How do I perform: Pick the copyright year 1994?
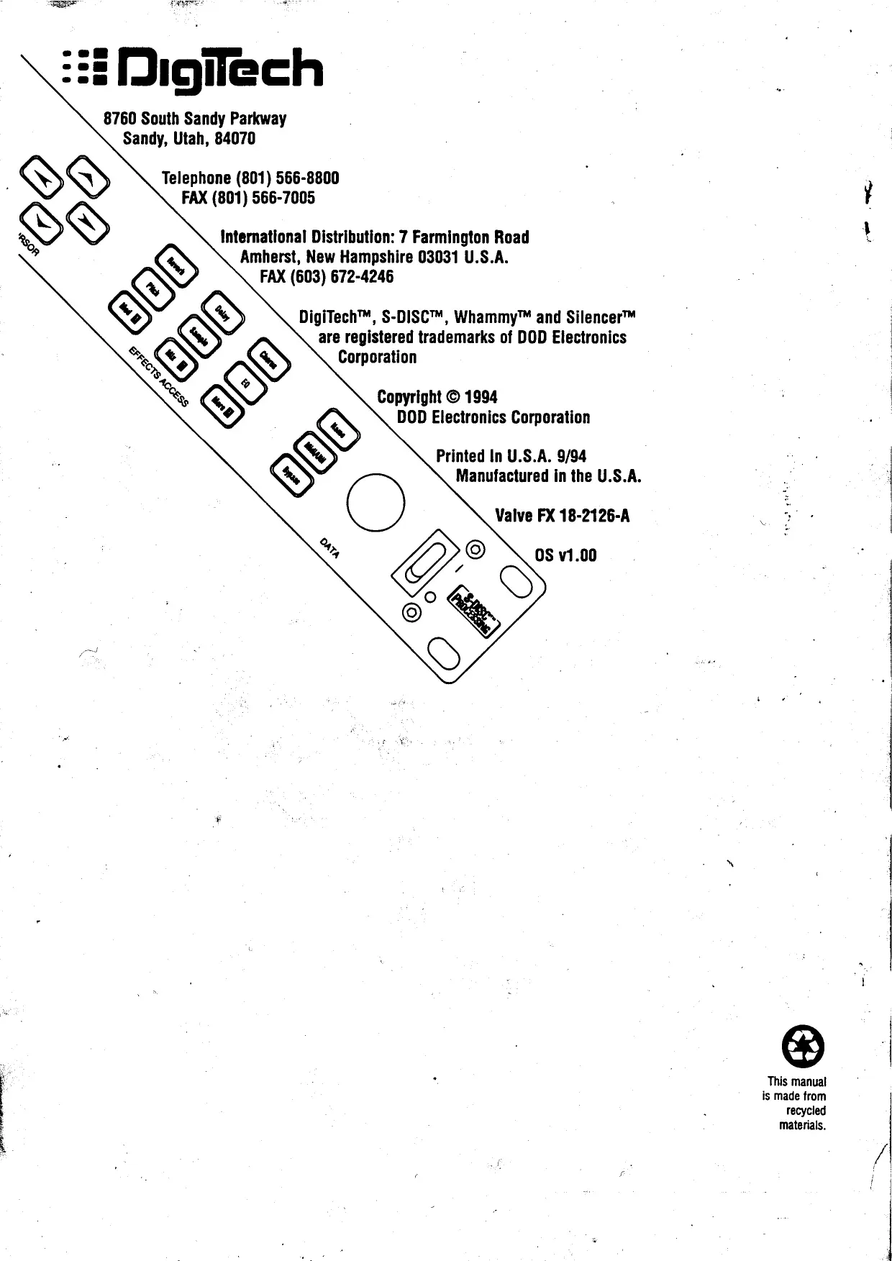tap(481, 397)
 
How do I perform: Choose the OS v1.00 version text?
tap(565, 555)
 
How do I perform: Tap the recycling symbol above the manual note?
tap(803, 1047)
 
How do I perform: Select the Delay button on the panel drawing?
tap(222, 313)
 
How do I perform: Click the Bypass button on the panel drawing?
tap(291, 475)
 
